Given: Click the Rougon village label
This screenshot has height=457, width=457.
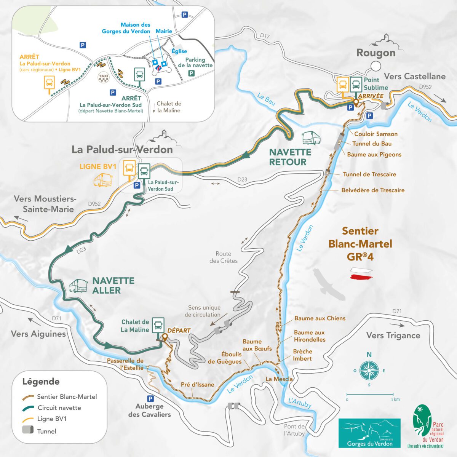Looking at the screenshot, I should pos(376,53).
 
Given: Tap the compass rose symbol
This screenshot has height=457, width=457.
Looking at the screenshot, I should pos(369,369).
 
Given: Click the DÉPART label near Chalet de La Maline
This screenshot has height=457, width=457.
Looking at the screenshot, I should pos(179,330).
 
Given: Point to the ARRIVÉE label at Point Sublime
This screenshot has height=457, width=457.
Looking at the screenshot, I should pos(370,96).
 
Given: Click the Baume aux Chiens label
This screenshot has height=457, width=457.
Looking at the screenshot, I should pos(320,318).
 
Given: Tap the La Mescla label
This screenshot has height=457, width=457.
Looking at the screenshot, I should pos(279,379).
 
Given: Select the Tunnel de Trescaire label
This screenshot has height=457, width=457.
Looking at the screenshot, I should pos(369,174).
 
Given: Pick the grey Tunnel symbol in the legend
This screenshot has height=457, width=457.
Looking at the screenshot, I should pos(28,431).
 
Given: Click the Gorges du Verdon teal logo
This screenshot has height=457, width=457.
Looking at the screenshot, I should pos(369,433).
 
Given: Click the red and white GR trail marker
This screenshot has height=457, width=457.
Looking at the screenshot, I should pos(360,273).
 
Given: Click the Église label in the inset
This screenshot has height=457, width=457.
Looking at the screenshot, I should pos(179,51).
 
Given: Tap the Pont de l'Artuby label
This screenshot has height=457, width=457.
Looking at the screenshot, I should pos(294,430).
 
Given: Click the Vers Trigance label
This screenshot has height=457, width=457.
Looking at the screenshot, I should pos(393,335).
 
